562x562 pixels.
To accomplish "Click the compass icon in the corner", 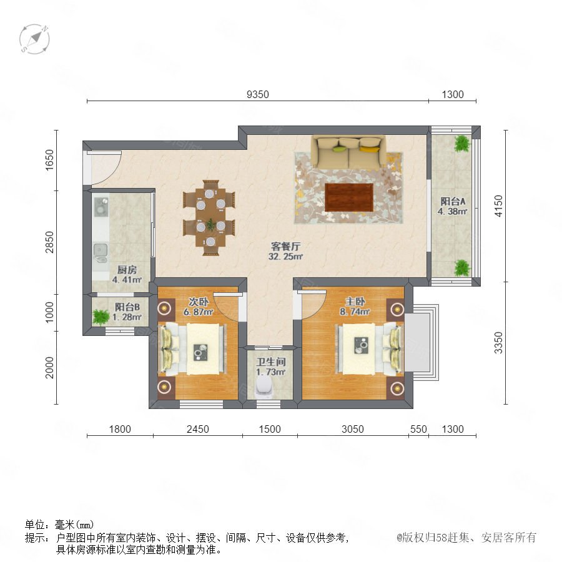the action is click(x=34, y=39).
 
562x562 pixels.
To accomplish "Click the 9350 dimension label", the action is click(x=258, y=94).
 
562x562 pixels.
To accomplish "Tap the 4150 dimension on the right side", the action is click(x=498, y=205).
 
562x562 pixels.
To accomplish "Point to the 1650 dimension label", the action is click(x=49, y=160).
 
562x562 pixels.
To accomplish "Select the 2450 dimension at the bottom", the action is click(x=198, y=429).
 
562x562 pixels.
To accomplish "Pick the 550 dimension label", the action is click(x=418, y=429).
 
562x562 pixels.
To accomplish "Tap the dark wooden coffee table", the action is click(x=349, y=197).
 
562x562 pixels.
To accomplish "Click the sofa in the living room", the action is click(x=348, y=152).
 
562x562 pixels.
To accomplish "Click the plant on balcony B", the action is click(x=101, y=317).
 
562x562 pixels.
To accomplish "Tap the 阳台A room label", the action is click(x=453, y=201).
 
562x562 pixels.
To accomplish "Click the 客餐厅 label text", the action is click(x=285, y=246).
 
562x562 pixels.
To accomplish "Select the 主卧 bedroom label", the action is click(x=355, y=302).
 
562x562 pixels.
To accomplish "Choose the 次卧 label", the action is click(x=199, y=302).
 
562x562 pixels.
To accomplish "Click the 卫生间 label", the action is click(x=270, y=362).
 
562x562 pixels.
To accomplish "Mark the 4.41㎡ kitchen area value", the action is click(x=127, y=280).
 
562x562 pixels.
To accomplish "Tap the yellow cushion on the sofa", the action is click(x=369, y=149).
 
